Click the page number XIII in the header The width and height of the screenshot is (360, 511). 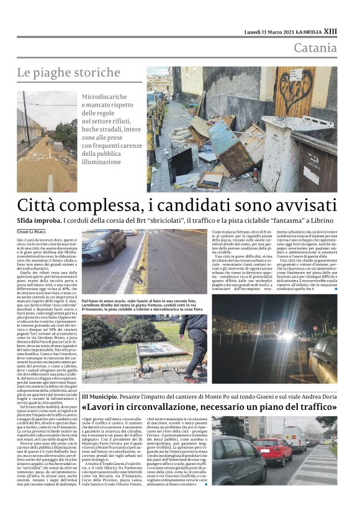pos(331,31)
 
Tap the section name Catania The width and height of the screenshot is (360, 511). pos(315,48)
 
